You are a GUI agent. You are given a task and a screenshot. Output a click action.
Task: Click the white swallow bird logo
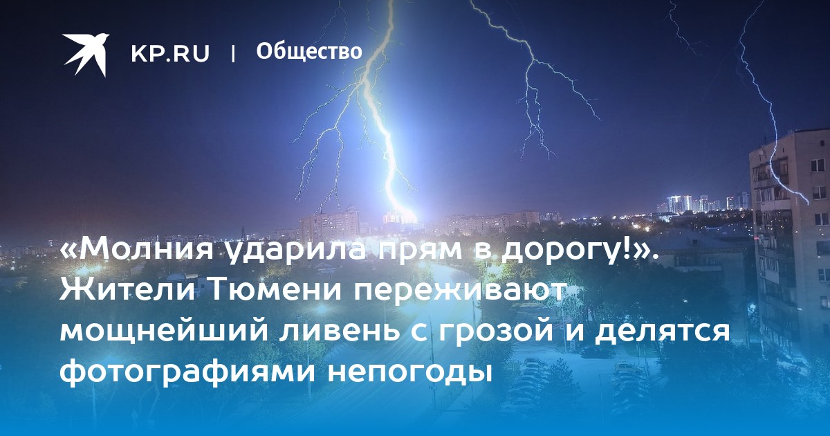(86, 54)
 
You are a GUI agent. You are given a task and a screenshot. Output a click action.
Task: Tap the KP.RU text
(170, 54)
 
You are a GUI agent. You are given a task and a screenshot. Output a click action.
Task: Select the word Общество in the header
(309, 51)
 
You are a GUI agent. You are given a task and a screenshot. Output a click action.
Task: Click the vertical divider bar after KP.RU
(233, 54)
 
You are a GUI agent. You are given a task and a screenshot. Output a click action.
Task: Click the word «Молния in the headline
(137, 251)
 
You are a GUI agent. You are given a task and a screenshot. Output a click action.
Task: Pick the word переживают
(459, 291)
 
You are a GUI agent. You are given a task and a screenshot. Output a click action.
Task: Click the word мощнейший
(164, 331)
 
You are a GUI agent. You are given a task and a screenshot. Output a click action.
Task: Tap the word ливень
(340, 331)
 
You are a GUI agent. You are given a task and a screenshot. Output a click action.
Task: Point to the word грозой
(506, 331)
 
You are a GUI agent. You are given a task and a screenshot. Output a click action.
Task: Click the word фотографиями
(187, 371)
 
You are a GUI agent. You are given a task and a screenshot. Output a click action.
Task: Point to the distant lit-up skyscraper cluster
(704, 203)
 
